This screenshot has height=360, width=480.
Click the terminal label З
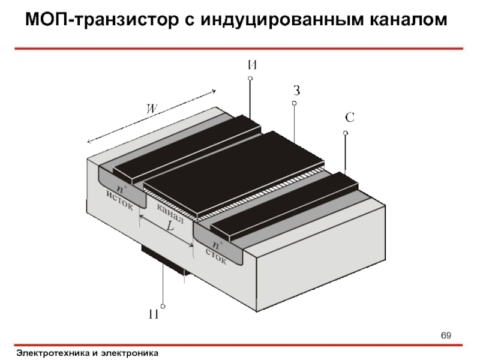(x=296, y=91)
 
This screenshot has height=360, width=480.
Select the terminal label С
(x=349, y=118)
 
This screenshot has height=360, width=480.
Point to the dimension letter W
(x=154, y=109)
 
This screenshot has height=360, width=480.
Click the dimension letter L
(x=170, y=227)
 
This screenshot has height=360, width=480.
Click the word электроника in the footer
(x=129, y=353)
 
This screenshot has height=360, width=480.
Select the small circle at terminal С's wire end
(x=346, y=133)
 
